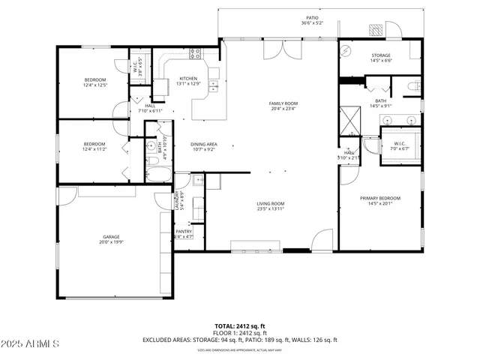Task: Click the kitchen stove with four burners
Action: (196, 53)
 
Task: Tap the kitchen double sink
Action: (212, 73)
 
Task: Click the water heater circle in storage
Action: (346, 51)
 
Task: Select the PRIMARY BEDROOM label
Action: (380, 198)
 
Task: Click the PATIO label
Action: (312, 16)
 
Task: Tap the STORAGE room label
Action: (381, 55)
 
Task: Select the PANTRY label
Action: (184, 232)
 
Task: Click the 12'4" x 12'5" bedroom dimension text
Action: (94, 85)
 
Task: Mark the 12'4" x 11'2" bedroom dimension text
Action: (94, 149)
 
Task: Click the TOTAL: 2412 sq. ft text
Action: (240, 326)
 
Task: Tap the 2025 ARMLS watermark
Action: (30, 344)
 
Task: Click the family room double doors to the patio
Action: (284, 49)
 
